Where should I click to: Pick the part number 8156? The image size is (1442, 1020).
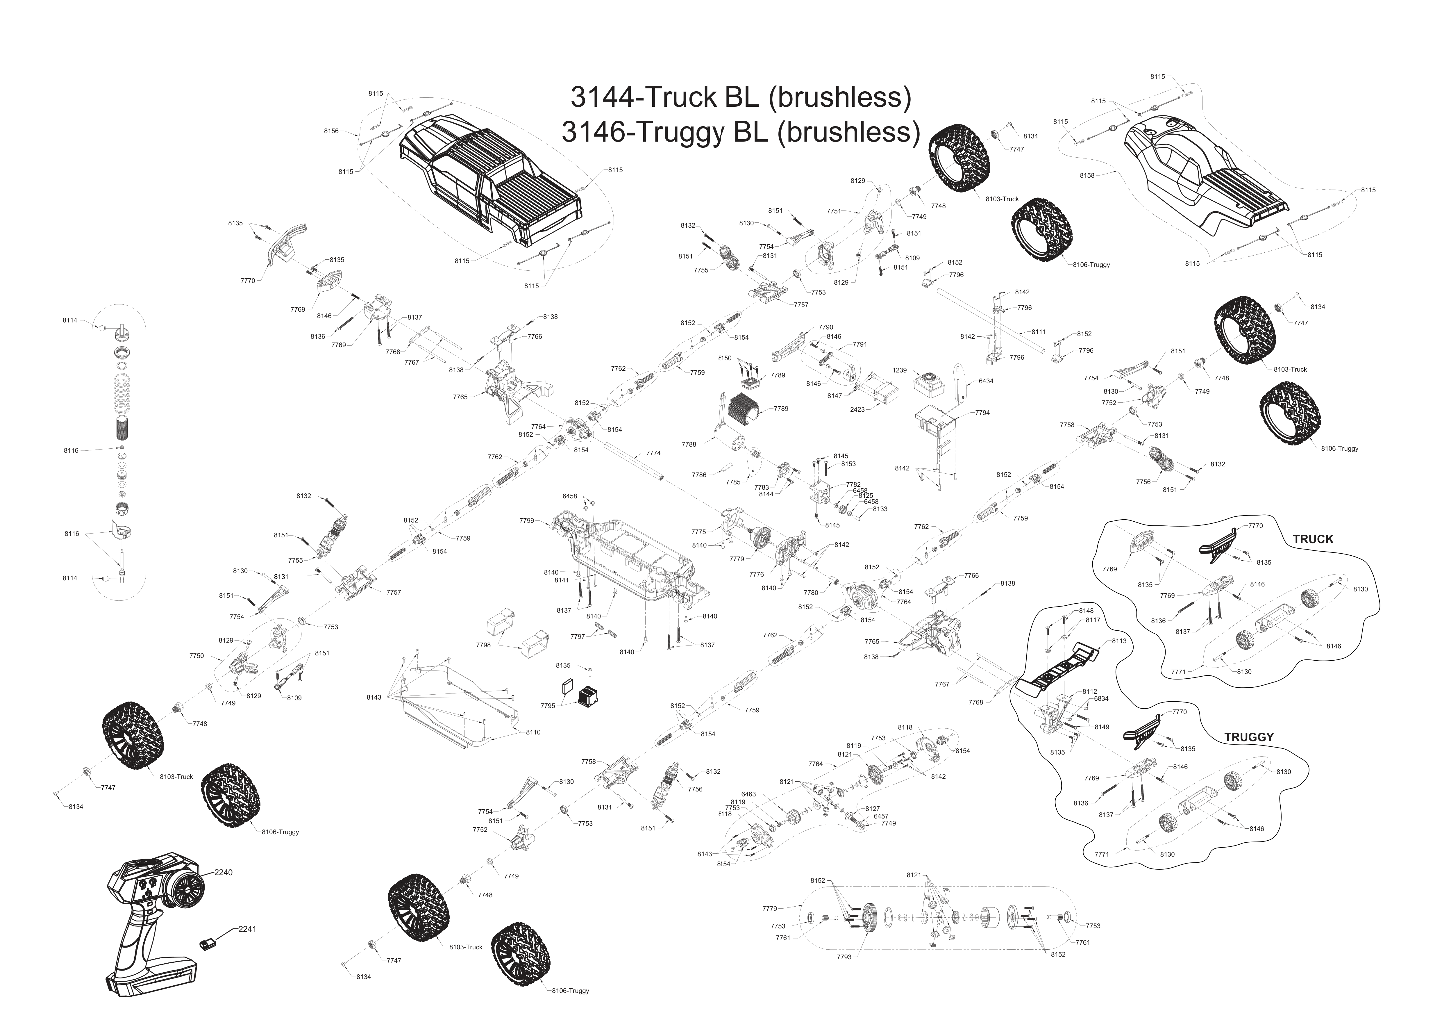click(331, 131)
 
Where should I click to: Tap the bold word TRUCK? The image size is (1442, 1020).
click(1313, 539)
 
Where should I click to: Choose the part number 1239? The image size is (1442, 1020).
click(899, 370)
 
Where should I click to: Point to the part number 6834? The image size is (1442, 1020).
click(1101, 698)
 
